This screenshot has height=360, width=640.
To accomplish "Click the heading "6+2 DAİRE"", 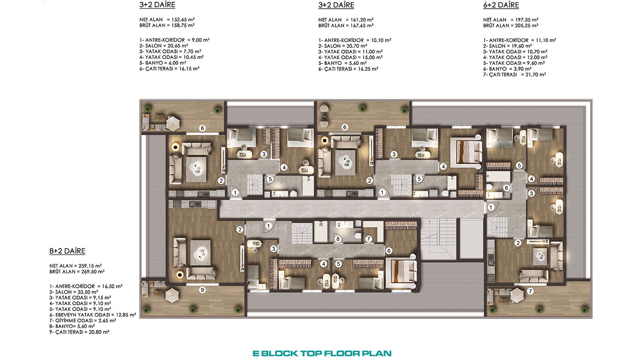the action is coord(501,5).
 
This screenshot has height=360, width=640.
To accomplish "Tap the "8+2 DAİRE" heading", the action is coord(67,251).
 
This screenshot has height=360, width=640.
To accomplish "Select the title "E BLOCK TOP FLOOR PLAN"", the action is coord(322,354).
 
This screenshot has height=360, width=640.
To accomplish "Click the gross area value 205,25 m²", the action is coord(527,26).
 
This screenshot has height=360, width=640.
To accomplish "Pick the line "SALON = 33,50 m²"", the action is coord(74,292).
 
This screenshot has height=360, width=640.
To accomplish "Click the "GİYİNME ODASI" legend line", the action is coord(83,321).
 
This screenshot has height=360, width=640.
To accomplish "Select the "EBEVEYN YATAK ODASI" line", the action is coord(92,315).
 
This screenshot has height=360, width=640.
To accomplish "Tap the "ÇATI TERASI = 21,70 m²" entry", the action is coord(514,74).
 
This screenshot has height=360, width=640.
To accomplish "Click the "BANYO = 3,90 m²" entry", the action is coord(507,69).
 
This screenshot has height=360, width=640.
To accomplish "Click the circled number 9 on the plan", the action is coord(202,290).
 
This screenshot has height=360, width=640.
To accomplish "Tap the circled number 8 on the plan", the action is coord(338,238).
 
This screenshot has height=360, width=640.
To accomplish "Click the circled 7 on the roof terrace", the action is coord(530,291).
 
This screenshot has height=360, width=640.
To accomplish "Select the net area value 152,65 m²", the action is coord(183,20).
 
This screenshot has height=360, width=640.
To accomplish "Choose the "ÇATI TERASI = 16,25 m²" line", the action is coord(348,69).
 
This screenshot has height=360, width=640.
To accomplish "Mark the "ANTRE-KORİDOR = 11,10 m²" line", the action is coord(519,40).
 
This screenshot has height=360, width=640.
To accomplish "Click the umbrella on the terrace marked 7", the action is coord(517,296).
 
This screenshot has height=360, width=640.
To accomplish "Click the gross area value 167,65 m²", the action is coord(362,26).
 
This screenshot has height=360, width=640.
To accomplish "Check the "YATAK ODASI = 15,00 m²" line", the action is coord(350,58).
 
